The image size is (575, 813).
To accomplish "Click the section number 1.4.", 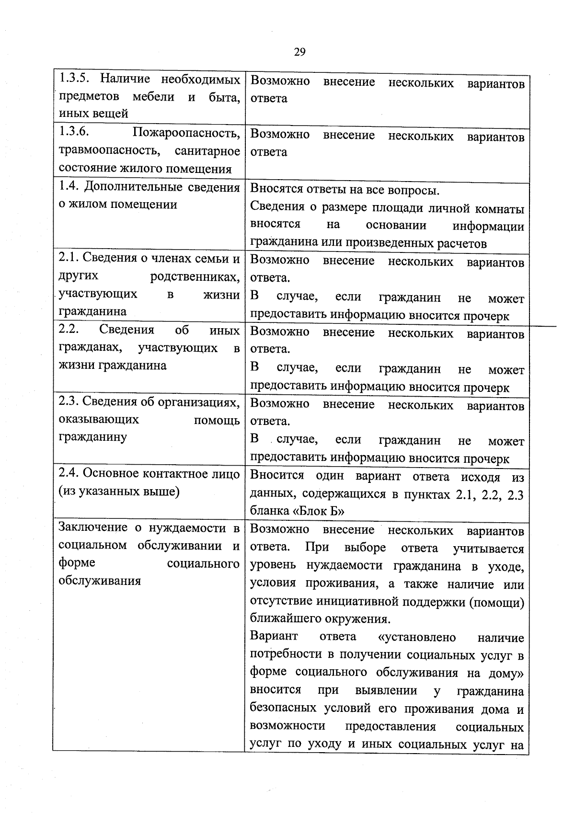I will [69, 187].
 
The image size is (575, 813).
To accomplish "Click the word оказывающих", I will [99, 419].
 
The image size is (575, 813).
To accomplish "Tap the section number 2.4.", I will [69, 473].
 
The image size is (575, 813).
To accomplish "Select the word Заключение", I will [93, 527].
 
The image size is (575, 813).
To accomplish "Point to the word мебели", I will [153, 96].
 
